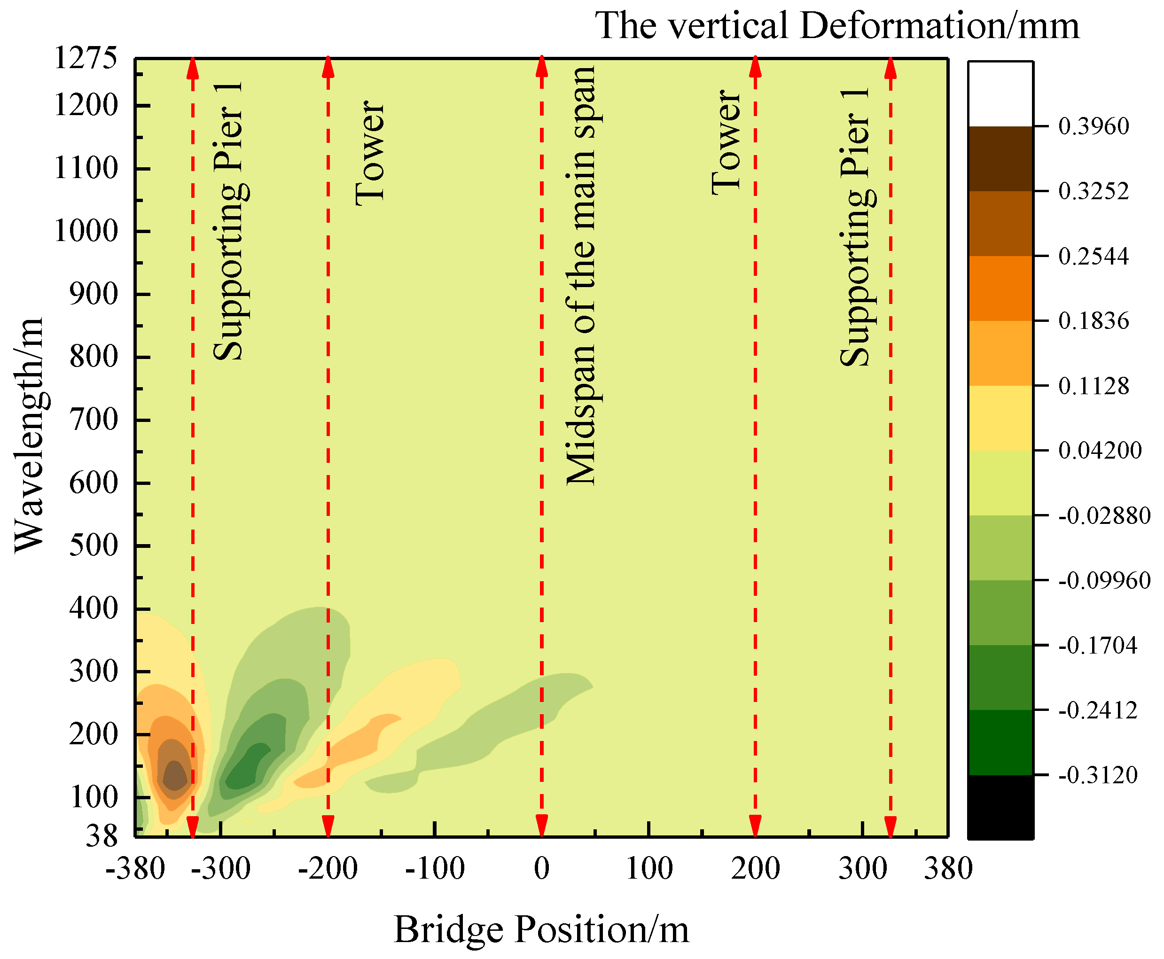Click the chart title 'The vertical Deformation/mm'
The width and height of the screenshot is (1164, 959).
[x=836, y=26]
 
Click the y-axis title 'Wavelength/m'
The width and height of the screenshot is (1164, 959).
[x=29, y=435]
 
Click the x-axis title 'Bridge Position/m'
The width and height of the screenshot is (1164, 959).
[x=541, y=929]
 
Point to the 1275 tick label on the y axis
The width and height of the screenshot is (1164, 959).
[x=86, y=57]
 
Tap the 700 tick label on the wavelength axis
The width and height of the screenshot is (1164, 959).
[x=94, y=420]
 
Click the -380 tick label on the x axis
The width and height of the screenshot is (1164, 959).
[x=135, y=868]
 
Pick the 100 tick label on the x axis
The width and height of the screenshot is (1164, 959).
[x=648, y=868]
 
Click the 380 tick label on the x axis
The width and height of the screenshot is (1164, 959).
[x=948, y=868]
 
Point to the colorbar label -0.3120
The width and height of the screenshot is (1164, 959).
[x=1097, y=775]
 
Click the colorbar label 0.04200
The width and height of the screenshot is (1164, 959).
[x=1099, y=451]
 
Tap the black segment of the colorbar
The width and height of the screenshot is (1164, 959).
[x=1000, y=807]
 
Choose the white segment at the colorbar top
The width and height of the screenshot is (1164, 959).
[x=1000, y=94]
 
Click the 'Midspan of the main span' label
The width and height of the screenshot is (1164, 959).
[x=582, y=276]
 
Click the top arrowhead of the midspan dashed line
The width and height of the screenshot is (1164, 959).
[x=541, y=66]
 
